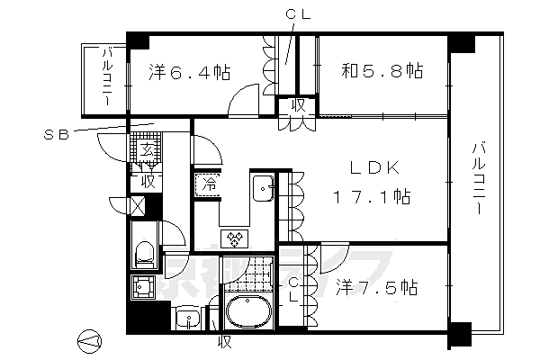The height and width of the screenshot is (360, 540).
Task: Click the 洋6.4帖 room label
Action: coord(188,71)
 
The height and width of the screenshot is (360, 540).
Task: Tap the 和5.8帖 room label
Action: coord(381,70)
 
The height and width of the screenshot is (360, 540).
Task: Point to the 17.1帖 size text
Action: coord(371,196)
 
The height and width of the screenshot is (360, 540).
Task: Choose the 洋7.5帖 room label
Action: coord(377,288)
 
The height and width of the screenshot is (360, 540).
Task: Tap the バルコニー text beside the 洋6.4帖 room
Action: coord(105,78)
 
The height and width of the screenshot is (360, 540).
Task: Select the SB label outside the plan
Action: coord(56,135)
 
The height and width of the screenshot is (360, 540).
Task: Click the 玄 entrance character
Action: coord(147,150)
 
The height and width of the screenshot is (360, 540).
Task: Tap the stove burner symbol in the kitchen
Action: coord(235,238)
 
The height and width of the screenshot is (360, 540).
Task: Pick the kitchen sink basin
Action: coord(265,190)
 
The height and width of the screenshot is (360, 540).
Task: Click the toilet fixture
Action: coord(143,252)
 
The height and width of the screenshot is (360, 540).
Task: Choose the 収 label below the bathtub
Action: coord(224,343)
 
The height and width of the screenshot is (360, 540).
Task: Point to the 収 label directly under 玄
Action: coord(147,180)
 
